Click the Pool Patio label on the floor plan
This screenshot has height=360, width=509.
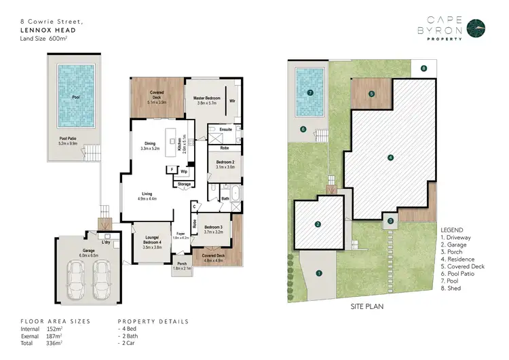coord(71,141)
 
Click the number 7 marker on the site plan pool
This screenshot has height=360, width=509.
coord(310,92)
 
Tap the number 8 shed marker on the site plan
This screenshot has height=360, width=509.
coord(423,68)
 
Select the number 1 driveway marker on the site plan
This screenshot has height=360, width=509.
coord(319,274)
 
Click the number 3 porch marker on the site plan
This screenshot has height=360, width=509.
coord(391,220)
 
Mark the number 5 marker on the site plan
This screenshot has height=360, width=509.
coord(371,93)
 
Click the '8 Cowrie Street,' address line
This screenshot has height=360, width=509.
coord(46,22)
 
